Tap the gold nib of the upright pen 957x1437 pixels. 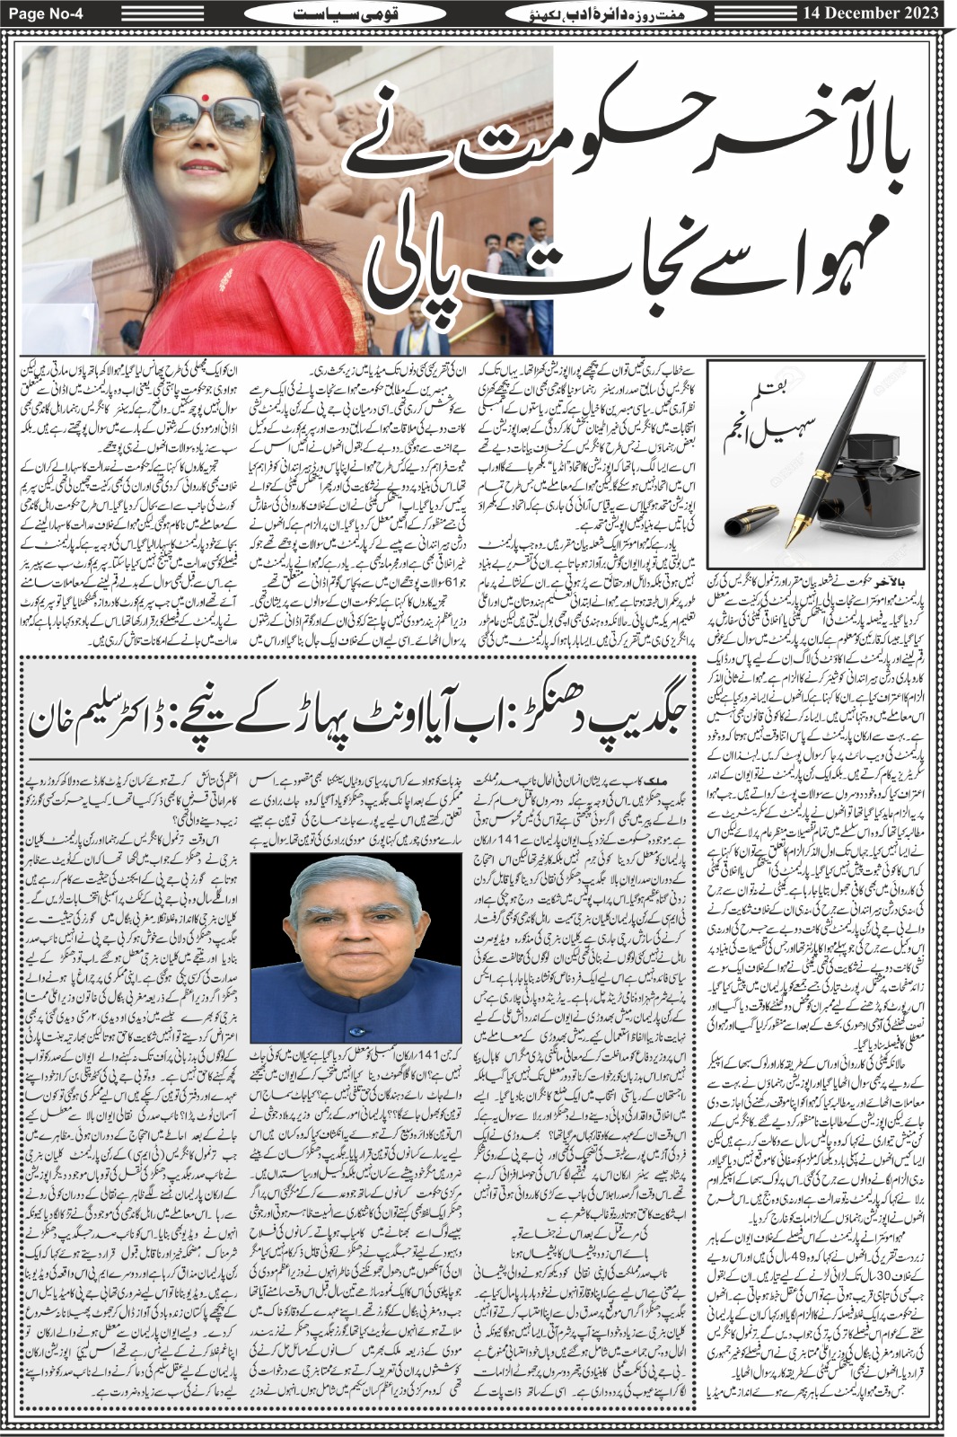coord(795,530)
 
